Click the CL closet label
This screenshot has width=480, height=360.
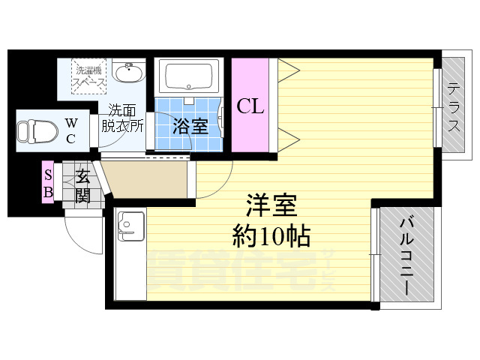coord(250,106)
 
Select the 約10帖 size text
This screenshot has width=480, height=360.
coord(271,237)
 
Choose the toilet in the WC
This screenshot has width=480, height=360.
coord(37,131)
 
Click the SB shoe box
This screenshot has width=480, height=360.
coord(47,182)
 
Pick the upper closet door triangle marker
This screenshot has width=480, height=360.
coord(289,70)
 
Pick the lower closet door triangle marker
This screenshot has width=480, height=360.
coord(289,136)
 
